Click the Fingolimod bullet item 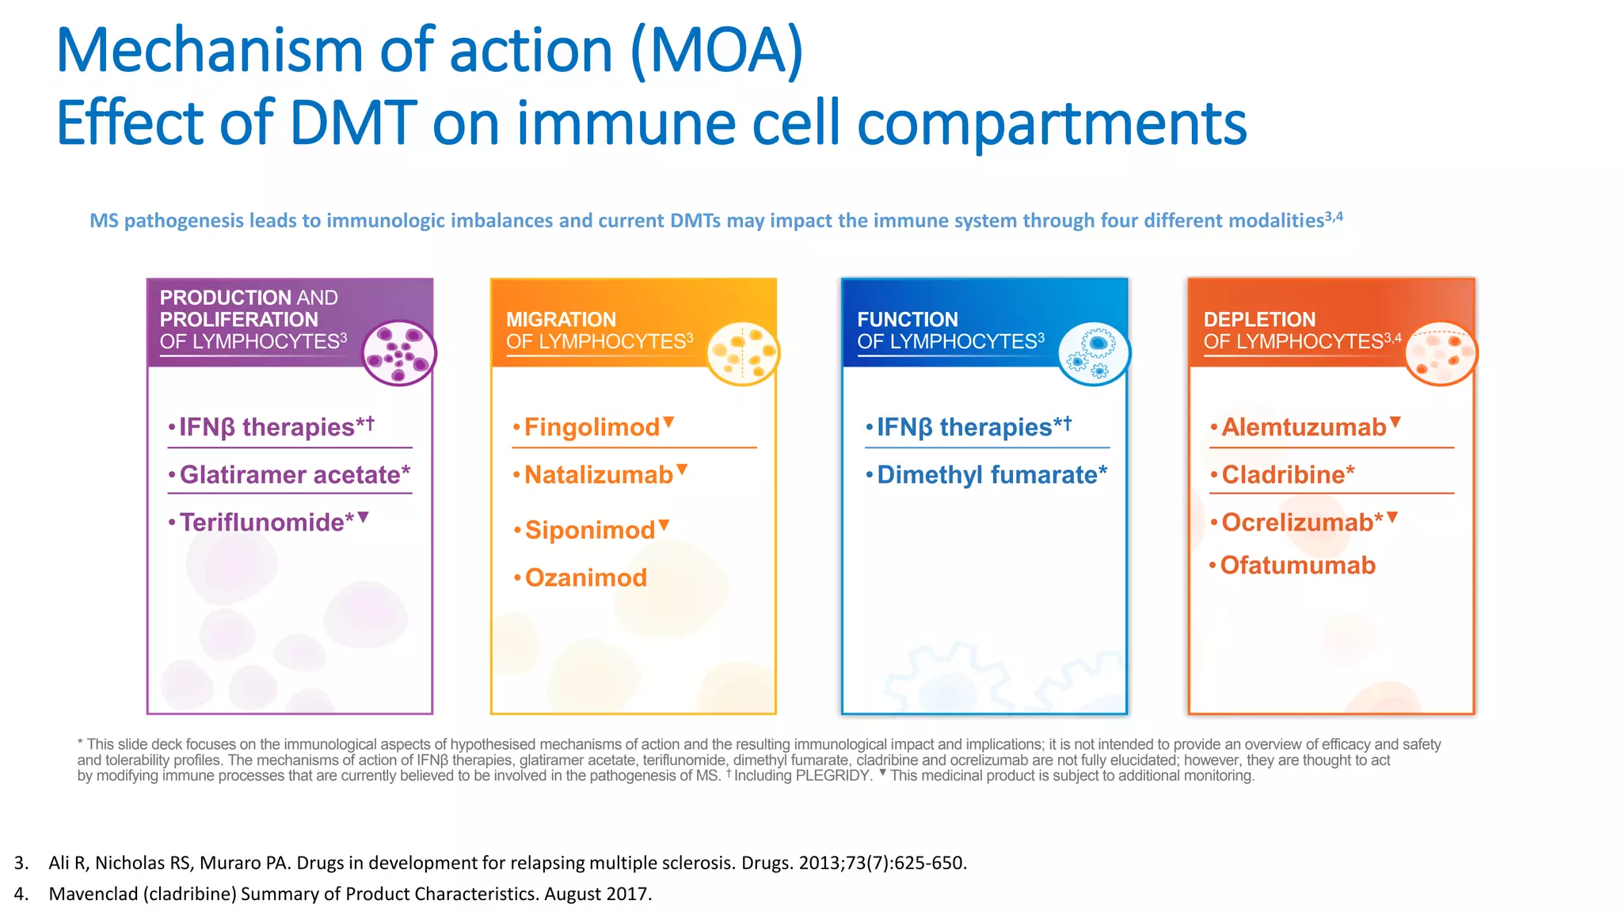point(592,427)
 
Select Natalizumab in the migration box point(598,475)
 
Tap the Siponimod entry point(590,530)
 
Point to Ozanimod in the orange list point(585,578)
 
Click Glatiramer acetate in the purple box point(294,475)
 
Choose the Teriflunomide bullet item point(266,522)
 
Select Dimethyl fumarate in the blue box point(992,475)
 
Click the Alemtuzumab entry point(1304,427)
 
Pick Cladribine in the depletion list point(1287,475)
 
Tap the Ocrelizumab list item point(1301,522)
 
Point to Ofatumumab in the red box point(1297,565)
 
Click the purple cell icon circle point(399,353)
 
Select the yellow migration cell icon point(743,353)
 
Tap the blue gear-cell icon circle point(1094,353)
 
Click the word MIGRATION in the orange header point(561,320)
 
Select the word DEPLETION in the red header point(1258,320)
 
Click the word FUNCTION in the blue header point(907,320)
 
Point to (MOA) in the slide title point(717,51)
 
